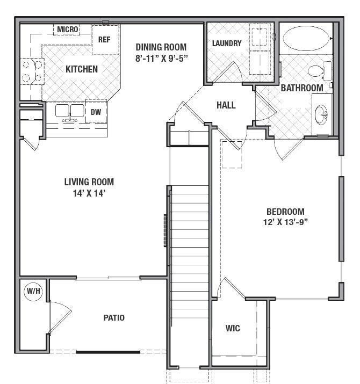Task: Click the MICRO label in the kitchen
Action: [x=68, y=29]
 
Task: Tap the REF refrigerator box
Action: [x=105, y=40]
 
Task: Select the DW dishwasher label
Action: [x=96, y=112]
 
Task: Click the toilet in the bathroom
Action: [x=319, y=71]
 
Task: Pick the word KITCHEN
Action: [x=82, y=69]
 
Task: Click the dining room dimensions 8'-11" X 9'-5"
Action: [x=162, y=57]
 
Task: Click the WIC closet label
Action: [x=233, y=328]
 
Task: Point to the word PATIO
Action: [x=114, y=317]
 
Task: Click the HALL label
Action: [x=226, y=105]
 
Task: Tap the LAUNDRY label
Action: [x=227, y=44]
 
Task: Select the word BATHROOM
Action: [x=302, y=88]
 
